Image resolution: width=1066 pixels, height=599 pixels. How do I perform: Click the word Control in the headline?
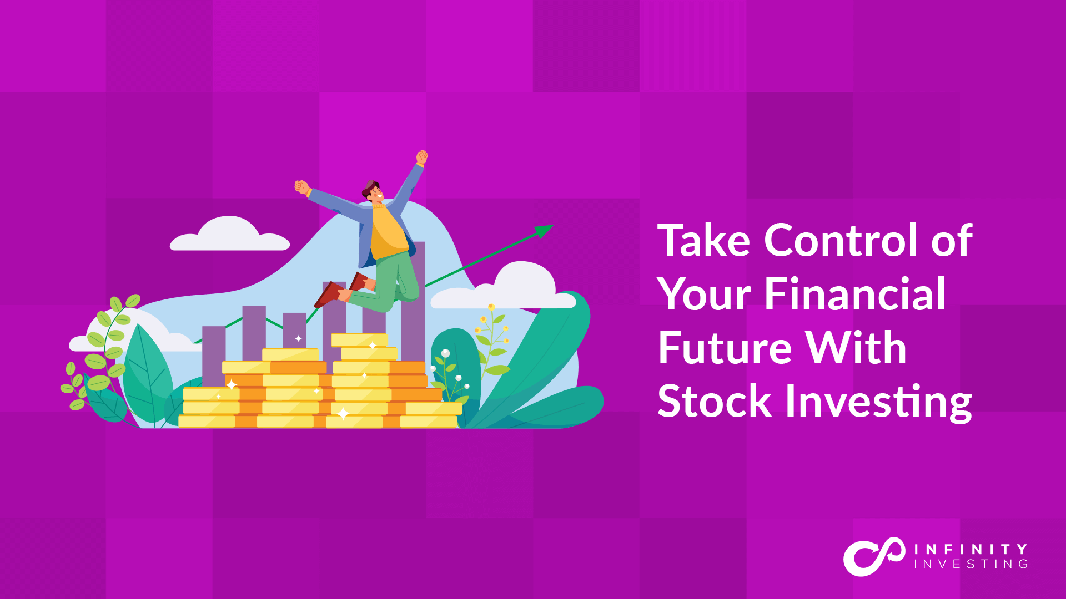click(x=841, y=241)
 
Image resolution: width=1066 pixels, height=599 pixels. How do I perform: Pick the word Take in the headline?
click(x=704, y=241)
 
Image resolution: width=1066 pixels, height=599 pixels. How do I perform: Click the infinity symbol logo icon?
click(x=874, y=556)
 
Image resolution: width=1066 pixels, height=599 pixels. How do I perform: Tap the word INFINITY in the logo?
click(x=971, y=549)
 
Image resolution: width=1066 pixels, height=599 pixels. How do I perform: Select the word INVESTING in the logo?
click(x=971, y=564)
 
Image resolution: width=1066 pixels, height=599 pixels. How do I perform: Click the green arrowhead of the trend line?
click(x=544, y=230)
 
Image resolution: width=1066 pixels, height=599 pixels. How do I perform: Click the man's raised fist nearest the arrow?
click(x=422, y=158)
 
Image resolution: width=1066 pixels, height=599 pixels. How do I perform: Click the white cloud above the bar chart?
click(x=229, y=235)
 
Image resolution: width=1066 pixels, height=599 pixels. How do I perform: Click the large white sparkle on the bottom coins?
click(x=343, y=413)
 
